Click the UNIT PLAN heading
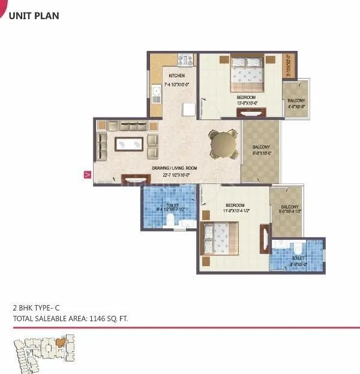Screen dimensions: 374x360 [34, 16]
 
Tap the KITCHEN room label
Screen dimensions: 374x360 [176, 76]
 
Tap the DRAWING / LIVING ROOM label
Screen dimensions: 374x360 [174, 168]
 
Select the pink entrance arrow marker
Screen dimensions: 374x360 [88, 175]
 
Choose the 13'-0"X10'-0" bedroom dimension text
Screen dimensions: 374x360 [247, 103]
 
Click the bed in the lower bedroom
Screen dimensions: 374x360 [220, 237]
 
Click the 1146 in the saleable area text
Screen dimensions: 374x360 [89, 319]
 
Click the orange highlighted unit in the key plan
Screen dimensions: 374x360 [59, 342]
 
